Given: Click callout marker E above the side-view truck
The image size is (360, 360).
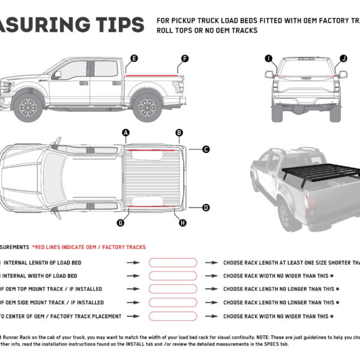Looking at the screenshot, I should coord(134,58).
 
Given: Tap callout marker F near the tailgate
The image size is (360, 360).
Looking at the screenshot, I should coord(185,58).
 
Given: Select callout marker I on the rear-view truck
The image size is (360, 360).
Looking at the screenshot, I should coord(268,58).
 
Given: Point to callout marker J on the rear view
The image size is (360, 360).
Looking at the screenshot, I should coord(343,58).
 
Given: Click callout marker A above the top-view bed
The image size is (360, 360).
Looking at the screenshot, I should coord(125,132).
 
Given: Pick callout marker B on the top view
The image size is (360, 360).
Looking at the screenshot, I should coord(179,133).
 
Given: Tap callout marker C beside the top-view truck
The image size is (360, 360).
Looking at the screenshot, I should coord(206,149).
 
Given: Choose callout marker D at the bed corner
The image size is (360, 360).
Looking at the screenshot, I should coord(206,208).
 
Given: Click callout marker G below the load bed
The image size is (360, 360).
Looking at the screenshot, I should coord(121,223).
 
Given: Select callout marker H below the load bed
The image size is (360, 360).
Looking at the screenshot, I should coord(182,223).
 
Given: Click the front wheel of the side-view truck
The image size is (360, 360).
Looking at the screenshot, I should coord(28,107).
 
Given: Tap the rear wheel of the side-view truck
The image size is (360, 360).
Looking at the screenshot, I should coord(146,107).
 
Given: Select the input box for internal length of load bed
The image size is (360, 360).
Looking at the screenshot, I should coord(173,263).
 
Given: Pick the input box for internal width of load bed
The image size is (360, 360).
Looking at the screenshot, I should coord(173,276).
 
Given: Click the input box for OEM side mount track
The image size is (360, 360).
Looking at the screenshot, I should coord(173,302).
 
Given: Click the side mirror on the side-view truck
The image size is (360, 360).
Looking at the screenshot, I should coord(56,75).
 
